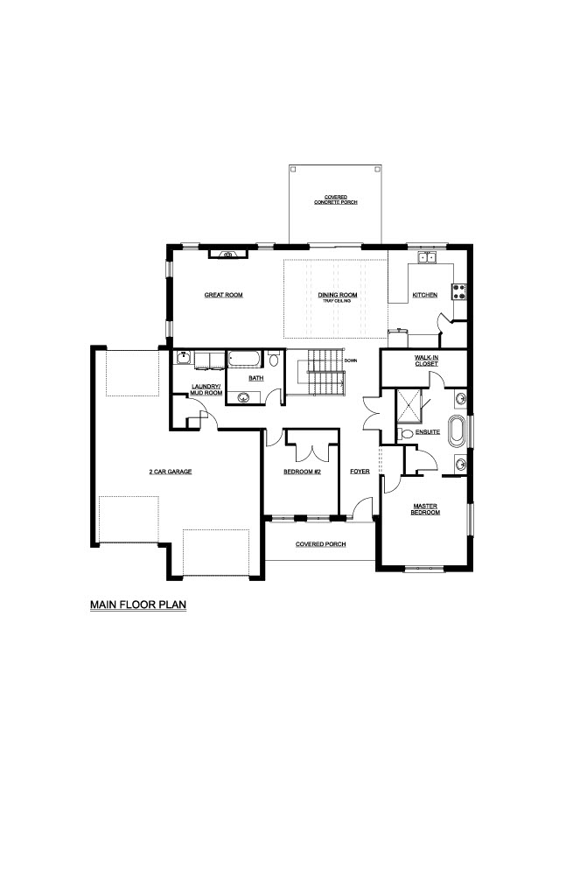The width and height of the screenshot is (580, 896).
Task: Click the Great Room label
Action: coord(223,295)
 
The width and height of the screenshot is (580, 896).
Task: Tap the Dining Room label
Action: coord(338,295)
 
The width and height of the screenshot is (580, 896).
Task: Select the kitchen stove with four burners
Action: coord(460,291)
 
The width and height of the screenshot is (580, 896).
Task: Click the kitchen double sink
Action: coord(426,258)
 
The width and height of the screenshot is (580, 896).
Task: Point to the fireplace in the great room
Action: coord(228,255)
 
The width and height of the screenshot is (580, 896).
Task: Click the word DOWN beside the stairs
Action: coord(351,360)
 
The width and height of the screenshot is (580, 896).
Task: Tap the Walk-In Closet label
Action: coord(426,360)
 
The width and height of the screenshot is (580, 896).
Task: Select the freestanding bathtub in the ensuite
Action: coord(458,431)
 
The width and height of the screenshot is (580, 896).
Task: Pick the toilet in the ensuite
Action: coord(405,433)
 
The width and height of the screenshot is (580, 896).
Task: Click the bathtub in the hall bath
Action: coord(245,360)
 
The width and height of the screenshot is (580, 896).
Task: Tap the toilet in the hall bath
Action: coord(274,359)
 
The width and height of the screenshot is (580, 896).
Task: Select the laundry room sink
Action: coord(184,358)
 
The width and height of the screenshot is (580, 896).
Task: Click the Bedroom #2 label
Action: coord(303,472)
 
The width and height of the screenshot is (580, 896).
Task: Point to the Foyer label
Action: coord(360,472)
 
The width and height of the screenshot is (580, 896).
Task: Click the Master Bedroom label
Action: coord(425,509)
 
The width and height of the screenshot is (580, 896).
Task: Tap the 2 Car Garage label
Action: coord(171,472)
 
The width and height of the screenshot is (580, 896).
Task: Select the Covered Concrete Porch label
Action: coord(335,199)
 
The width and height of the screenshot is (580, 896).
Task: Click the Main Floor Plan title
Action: coord(138,605)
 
